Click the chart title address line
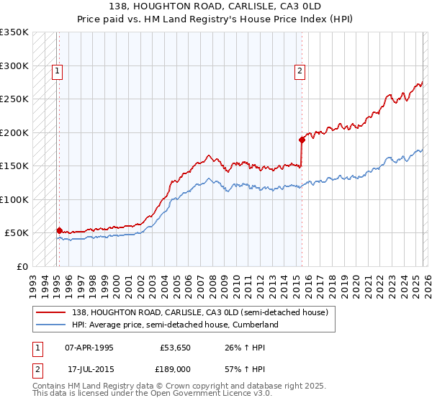click(x=216, y=6)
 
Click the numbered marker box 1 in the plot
click(x=57, y=71)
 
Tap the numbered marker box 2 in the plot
click(x=299, y=71)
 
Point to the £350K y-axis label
click(x=14, y=32)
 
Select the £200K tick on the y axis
click(x=14, y=132)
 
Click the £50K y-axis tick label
click(x=17, y=233)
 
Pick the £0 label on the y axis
click(x=22, y=266)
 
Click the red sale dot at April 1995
click(x=59, y=230)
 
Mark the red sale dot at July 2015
click(x=302, y=140)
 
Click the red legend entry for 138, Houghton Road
click(x=200, y=312)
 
